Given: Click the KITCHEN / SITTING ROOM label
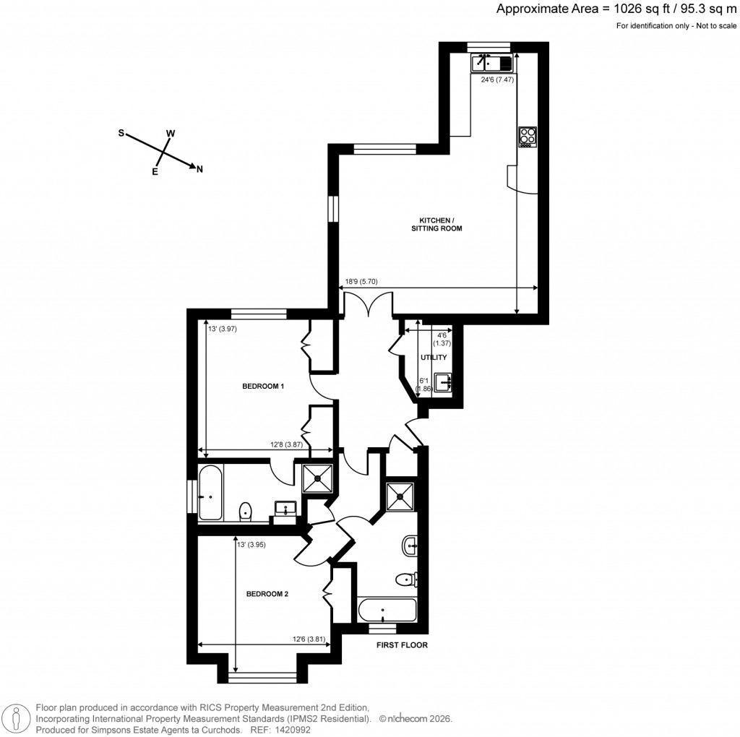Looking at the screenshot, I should (436, 224).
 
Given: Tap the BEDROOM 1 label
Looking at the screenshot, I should (262, 387).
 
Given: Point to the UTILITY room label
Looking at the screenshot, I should (434, 358).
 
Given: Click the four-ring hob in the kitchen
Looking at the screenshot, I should (528, 137).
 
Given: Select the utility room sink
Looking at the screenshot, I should (444, 382).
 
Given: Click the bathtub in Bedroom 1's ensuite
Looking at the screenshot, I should (210, 493).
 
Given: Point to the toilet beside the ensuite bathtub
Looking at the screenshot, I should (245, 511).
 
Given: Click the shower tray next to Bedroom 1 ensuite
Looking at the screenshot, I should (317, 478).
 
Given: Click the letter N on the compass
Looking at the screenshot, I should (199, 170).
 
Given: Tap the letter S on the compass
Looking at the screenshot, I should (121, 134).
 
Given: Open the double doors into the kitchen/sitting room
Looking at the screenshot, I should (367, 303).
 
